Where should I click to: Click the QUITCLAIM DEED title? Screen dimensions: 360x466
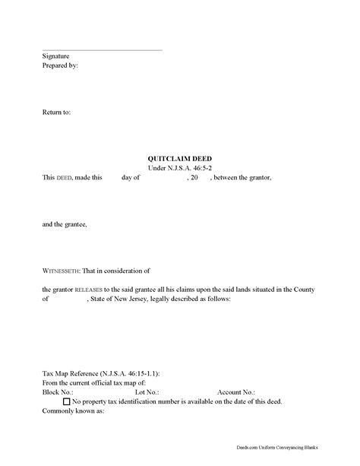click(x=180, y=158)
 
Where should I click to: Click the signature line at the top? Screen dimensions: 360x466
click(x=102, y=50)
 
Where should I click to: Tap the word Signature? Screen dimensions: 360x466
click(x=57, y=57)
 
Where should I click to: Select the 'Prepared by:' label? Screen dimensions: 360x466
click(x=61, y=66)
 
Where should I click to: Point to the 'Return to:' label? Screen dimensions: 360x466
click(x=57, y=112)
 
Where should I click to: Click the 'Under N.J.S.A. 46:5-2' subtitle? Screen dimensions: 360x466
click(x=180, y=167)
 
